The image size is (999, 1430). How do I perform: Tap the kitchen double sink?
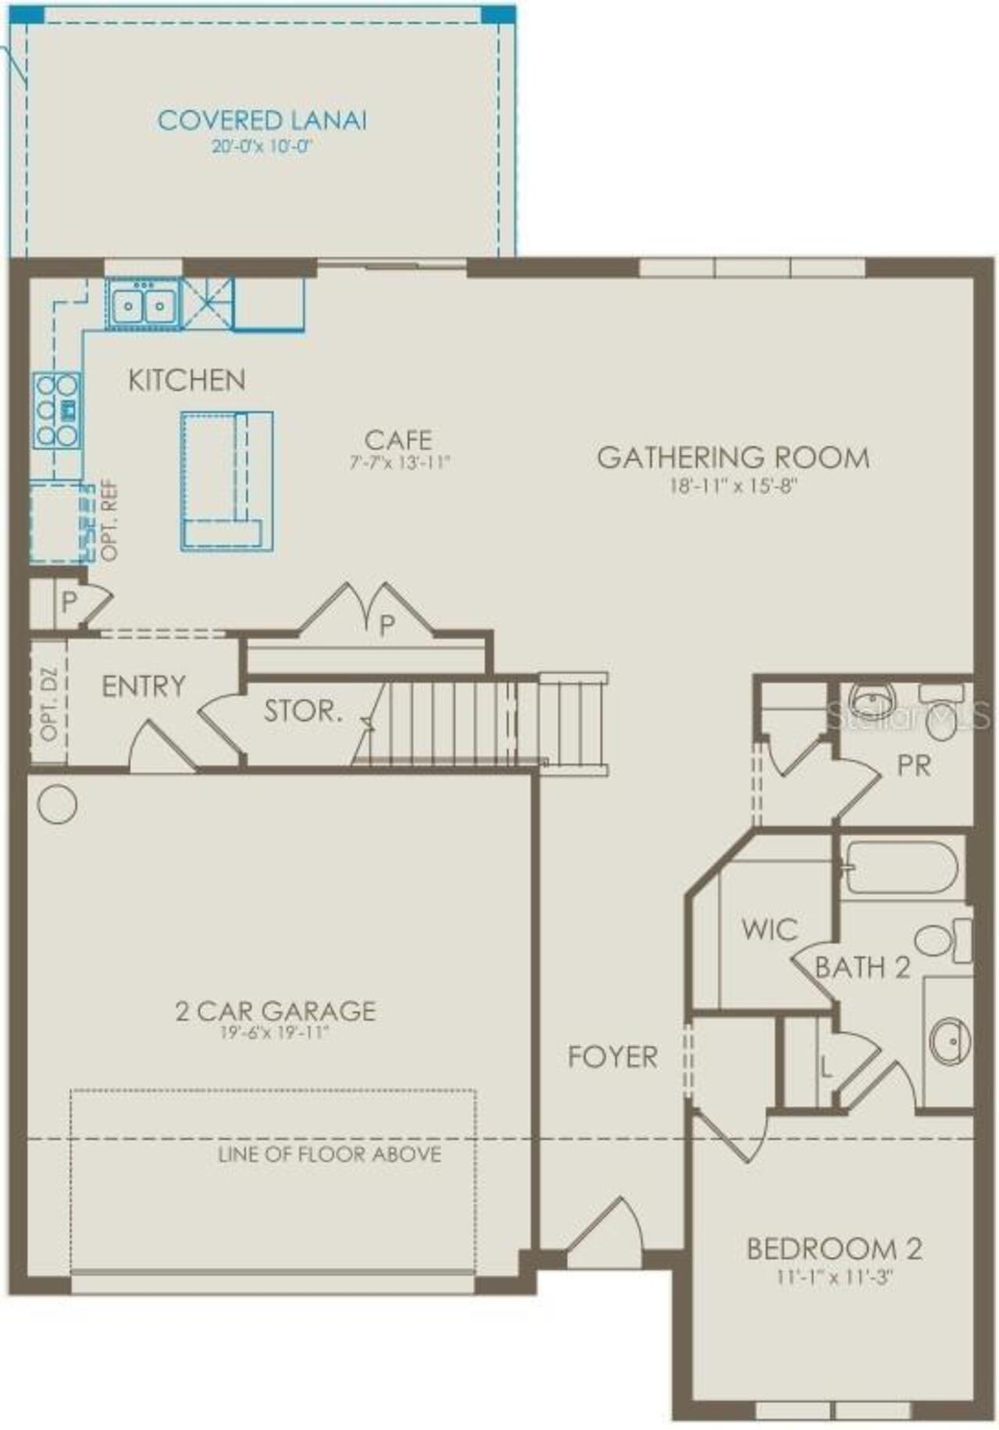coord(142,305)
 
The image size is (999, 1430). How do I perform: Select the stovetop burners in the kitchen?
coord(57,410)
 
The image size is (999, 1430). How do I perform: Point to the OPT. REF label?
coord(110,520)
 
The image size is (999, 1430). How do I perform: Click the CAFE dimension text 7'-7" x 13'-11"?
coord(400,463)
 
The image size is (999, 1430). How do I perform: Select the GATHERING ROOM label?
coord(733,457)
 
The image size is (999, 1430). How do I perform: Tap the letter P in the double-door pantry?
coord(386,625)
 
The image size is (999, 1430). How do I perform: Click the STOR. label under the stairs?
coord(302,711)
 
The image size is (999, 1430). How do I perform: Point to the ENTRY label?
coord(144,687)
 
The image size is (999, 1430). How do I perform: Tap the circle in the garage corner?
coord(57,804)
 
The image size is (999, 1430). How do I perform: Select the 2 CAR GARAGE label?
coord(275,1011)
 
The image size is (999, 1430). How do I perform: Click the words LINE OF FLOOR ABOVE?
coord(329,1154)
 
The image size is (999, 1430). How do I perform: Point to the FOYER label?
coord(612,1057)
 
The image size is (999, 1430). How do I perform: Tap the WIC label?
coord(769,929)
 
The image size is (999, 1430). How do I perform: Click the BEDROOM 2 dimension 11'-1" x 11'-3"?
coord(834,1278)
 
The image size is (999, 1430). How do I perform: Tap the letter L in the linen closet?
coord(826,1066)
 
